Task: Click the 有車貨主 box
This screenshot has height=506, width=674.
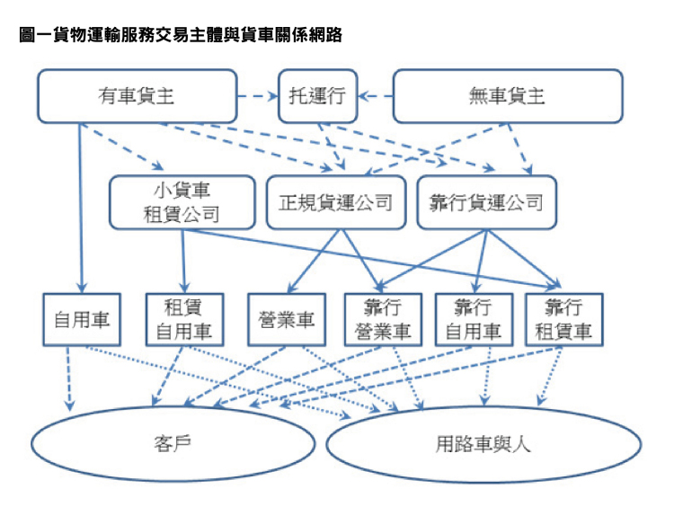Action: point(137,96)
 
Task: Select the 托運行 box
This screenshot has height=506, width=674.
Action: point(317,96)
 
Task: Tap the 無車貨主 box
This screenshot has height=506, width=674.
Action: point(508,96)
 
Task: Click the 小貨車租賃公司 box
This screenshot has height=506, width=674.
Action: point(182,202)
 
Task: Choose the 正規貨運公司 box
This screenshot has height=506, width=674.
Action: point(336,202)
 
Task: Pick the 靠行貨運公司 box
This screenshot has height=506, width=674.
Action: point(486,202)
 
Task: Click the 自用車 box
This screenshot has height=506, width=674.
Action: point(82,319)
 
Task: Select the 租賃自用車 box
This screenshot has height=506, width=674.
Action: point(184,319)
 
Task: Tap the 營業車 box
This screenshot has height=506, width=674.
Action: point(287,319)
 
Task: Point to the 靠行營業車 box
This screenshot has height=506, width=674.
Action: point(383,319)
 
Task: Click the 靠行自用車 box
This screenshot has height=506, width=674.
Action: point(474,319)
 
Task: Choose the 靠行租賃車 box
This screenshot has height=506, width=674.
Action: point(564,319)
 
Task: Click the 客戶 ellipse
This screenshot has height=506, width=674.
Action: point(173,444)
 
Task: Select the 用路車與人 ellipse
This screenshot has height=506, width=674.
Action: point(483,444)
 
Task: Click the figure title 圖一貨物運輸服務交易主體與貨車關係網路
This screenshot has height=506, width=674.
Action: point(181,34)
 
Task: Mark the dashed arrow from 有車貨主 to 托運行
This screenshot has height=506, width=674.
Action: point(258,96)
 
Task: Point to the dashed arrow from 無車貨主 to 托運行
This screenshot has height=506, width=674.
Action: point(376,96)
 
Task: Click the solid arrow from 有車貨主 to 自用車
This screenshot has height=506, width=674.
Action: point(80,209)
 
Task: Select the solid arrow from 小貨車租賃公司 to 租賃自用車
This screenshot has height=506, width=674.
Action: point(183,261)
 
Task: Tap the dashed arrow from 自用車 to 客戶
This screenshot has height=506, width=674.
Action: point(68,378)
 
